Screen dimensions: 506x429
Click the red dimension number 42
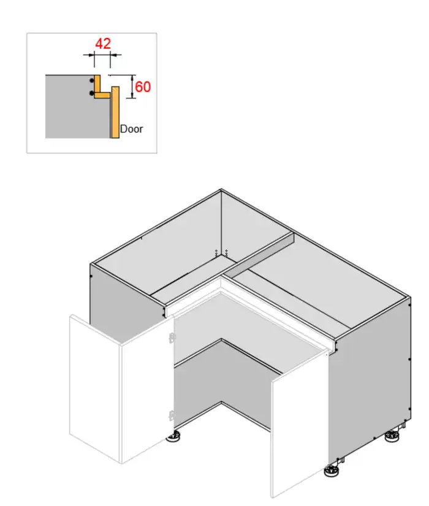pos(102,44)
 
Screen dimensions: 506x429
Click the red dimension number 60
pos(142,86)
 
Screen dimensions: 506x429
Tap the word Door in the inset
pos(131,129)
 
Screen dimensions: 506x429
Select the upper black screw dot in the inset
pos(91,80)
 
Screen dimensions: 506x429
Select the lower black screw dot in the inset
pos(91,93)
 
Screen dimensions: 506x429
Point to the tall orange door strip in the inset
pos(115,113)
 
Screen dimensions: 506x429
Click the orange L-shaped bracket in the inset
pos(99,89)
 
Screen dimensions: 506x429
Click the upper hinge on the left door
pos(172,337)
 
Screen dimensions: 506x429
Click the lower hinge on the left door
pos(171,415)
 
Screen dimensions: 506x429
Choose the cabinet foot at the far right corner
pos(392,437)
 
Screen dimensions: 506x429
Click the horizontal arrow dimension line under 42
pos(102,55)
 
